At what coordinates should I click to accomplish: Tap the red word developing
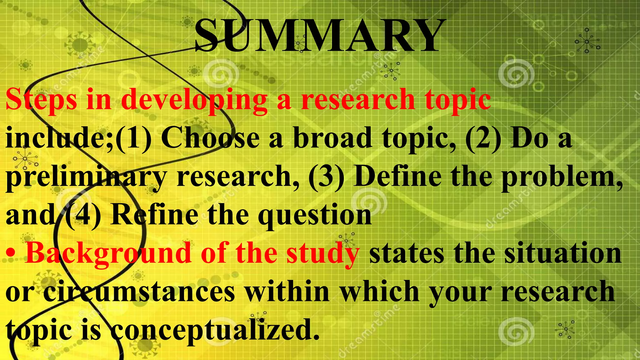pyautogui.click(x=194, y=99)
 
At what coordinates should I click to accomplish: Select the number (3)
pyautogui.click(x=326, y=177)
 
